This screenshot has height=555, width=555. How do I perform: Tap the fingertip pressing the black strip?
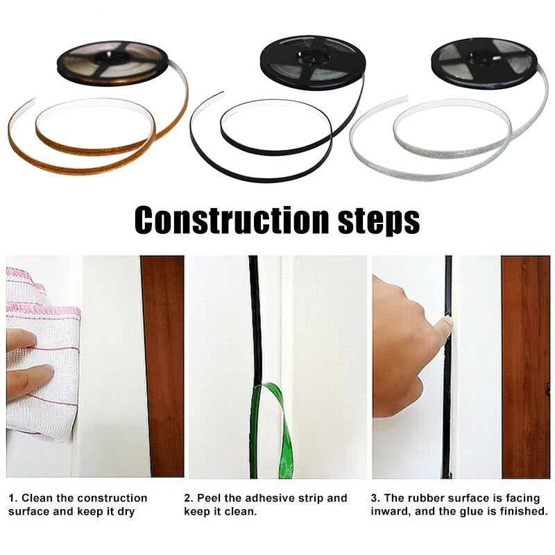point(443,326)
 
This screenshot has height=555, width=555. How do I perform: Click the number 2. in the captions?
point(188,498)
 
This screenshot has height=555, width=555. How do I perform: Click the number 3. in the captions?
point(375,498)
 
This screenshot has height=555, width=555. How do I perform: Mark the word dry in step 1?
point(126,512)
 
